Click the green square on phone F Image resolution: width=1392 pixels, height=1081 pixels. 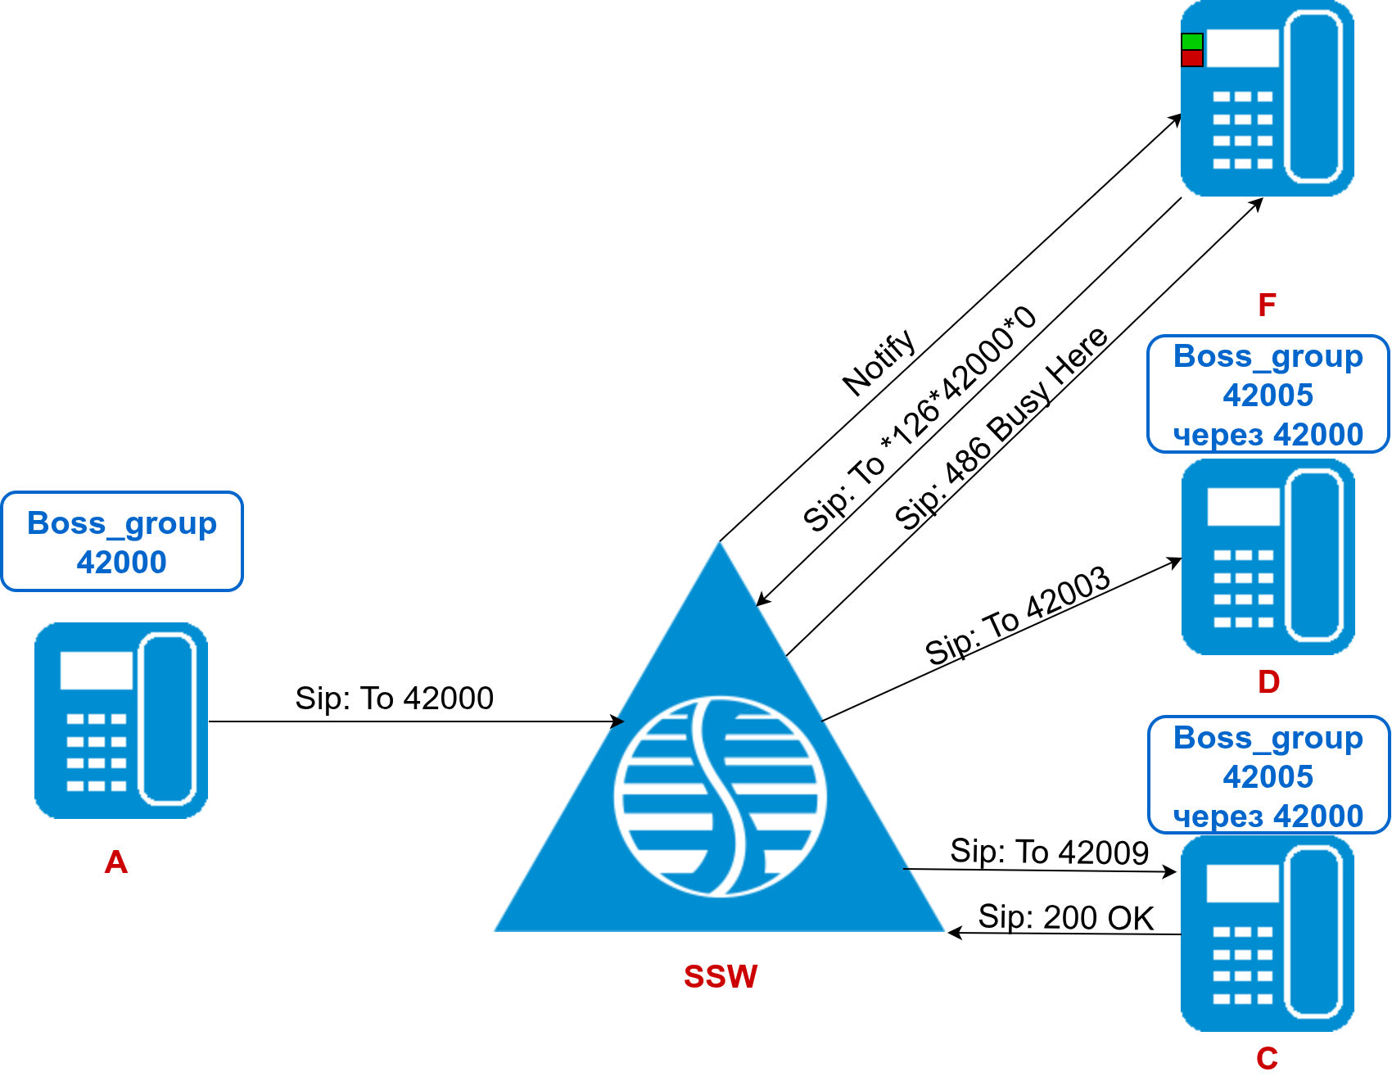(1192, 42)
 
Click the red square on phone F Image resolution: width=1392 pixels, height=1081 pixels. (1192, 58)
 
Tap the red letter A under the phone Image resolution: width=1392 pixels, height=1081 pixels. (116, 862)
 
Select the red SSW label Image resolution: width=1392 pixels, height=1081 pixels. (721, 976)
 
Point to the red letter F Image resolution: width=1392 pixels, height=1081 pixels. (1267, 305)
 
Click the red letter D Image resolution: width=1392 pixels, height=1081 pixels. (1268, 682)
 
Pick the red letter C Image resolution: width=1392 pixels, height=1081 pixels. (1267, 1059)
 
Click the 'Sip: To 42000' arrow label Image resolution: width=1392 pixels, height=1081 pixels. (394, 699)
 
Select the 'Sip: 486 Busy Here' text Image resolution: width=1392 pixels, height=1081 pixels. (1001, 427)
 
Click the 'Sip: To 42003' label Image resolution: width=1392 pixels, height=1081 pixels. (1018, 616)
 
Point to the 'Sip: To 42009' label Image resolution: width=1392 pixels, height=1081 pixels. (1049, 853)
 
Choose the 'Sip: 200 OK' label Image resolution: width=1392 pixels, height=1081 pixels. (1066, 918)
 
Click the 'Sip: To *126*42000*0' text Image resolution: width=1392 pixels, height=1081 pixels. (920, 419)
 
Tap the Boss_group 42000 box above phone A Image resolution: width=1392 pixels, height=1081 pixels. (122, 542)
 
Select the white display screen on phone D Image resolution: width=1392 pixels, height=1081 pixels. (1243, 507)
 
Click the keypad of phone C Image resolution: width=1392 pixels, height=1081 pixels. (1242, 965)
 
